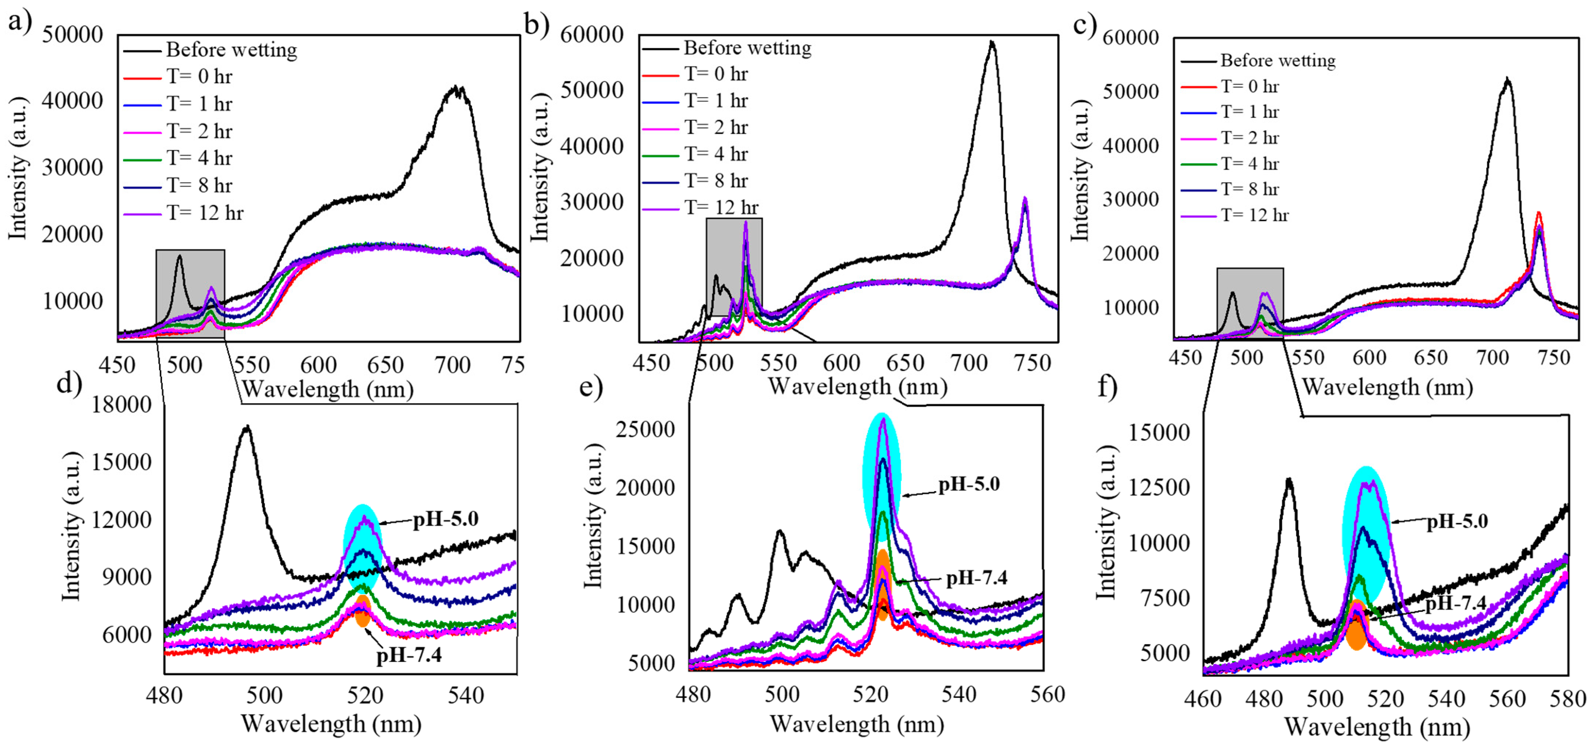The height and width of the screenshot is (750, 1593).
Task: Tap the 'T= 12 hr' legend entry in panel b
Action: tap(720, 207)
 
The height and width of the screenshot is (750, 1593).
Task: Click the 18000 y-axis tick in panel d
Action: tap(121, 405)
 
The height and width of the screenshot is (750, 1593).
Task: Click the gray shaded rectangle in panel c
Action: tap(1249, 303)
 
